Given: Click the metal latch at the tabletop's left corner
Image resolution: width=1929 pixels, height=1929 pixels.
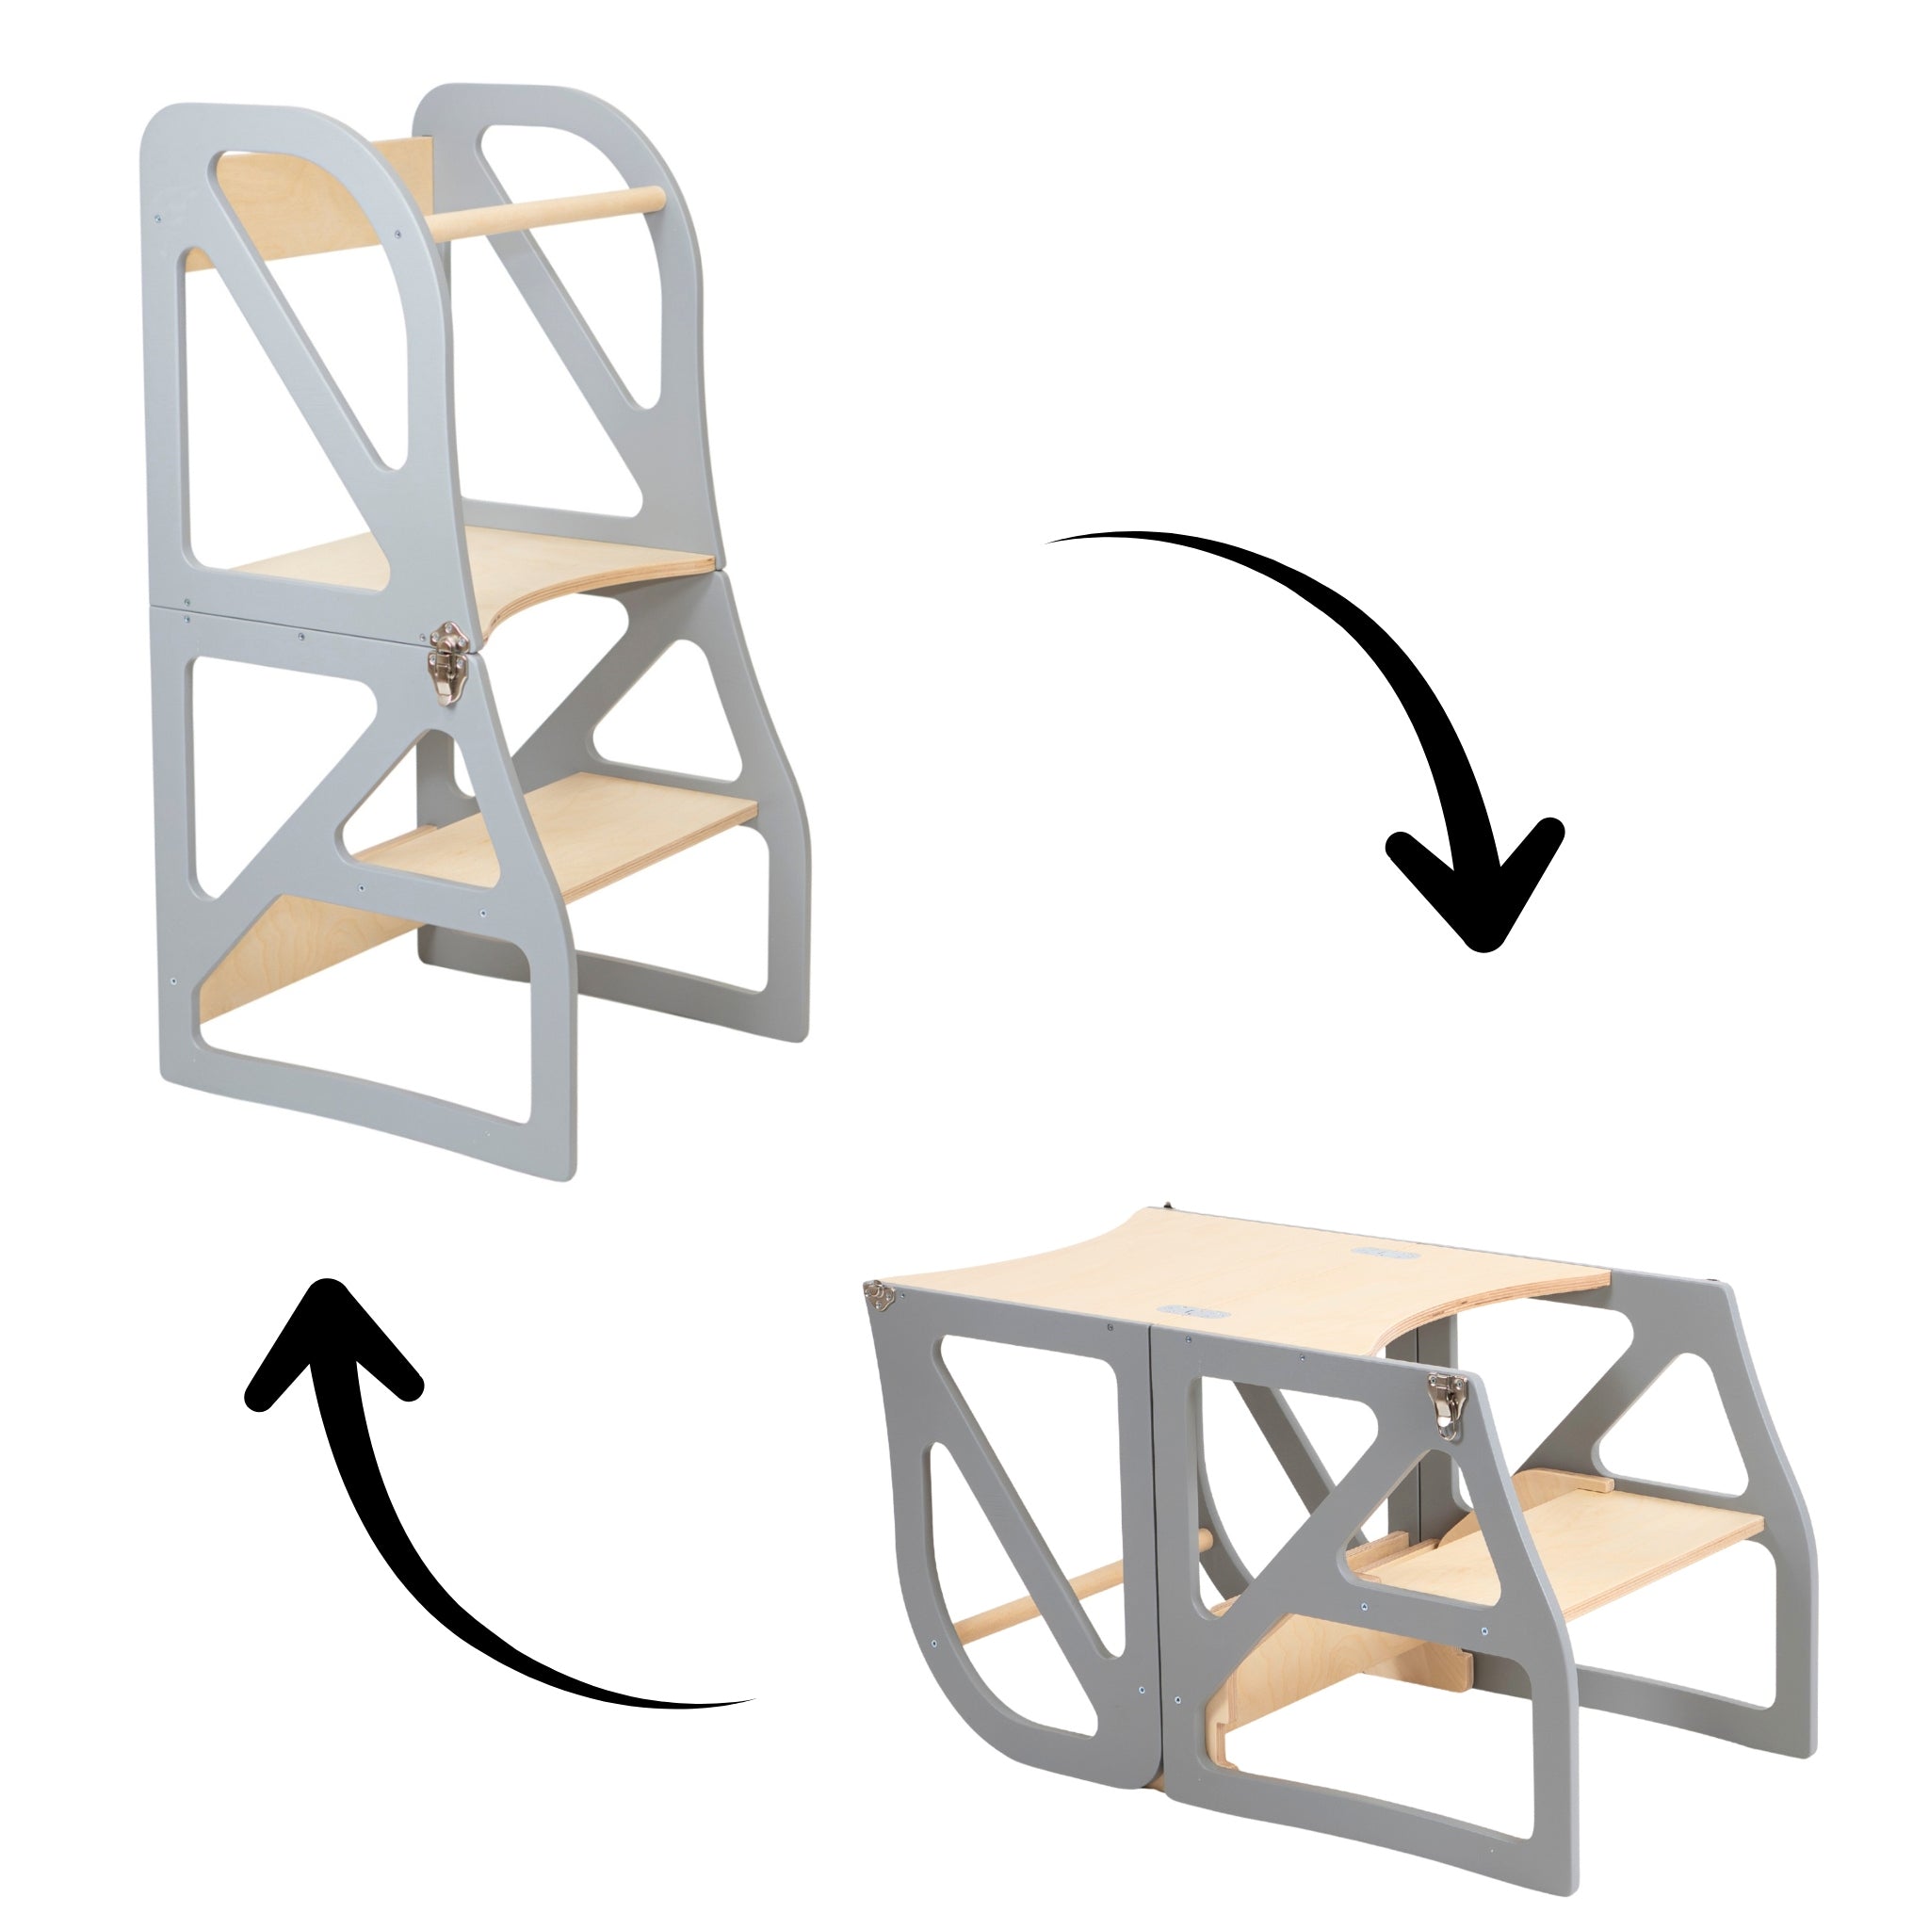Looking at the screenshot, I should tap(879, 1296).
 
